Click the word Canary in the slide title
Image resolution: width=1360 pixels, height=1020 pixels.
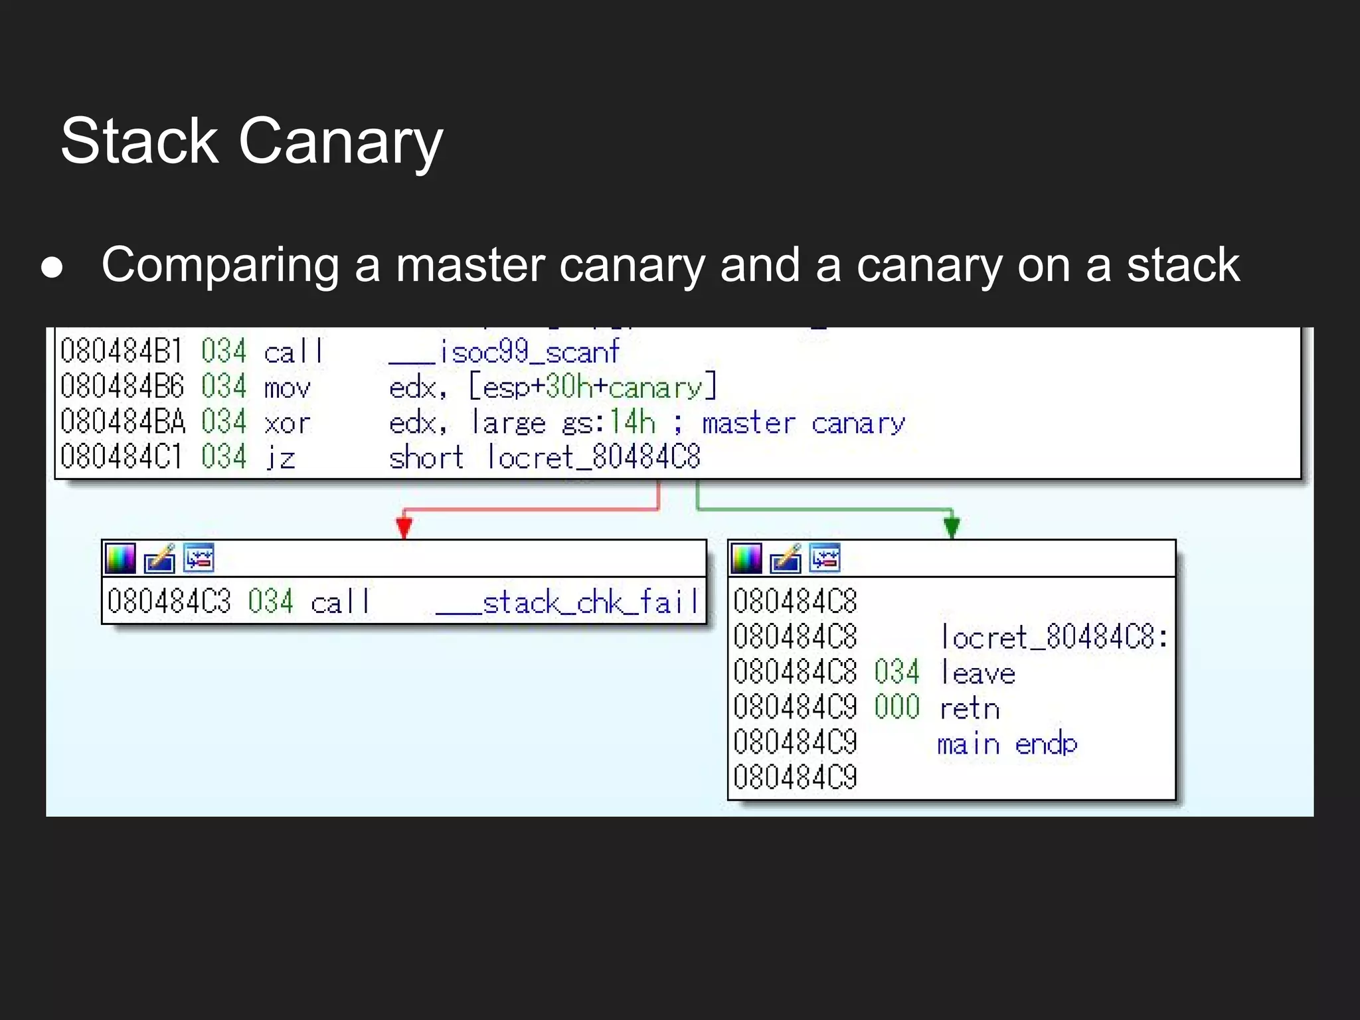click(x=340, y=141)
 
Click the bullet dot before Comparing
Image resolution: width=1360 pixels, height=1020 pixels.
click(x=52, y=267)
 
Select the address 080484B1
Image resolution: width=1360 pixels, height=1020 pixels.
click(x=121, y=351)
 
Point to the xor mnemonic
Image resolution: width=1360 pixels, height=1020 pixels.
click(x=287, y=422)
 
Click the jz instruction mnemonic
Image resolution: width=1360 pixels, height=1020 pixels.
click(x=280, y=458)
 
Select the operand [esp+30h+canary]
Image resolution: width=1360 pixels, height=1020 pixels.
click(x=593, y=386)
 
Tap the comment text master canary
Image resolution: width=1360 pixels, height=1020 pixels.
click(x=804, y=422)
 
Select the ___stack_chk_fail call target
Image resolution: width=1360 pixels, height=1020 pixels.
click(x=568, y=602)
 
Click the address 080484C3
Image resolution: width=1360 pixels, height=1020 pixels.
click(x=169, y=602)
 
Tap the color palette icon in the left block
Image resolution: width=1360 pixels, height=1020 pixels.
click(x=120, y=558)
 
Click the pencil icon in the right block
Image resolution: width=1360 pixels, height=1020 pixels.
click(x=786, y=558)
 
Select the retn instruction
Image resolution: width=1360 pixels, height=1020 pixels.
click(x=970, y=708)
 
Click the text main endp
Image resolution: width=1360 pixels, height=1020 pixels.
click(x=1007, y=744)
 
